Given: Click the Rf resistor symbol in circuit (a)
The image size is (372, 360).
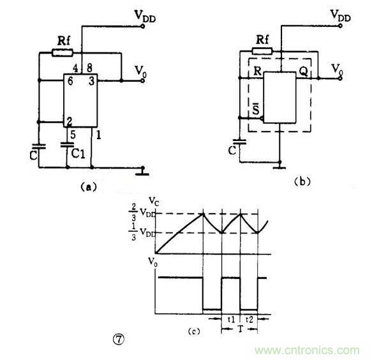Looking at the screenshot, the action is coord(63,53).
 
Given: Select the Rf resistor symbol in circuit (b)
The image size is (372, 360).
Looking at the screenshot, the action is coord(262,51).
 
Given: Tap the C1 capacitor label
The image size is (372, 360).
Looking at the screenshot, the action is coord(78,154).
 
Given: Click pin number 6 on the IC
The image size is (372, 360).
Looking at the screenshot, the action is coord(70,81).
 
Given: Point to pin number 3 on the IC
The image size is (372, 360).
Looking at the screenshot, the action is coord(92,81).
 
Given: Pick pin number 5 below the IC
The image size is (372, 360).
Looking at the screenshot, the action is coord(73,135).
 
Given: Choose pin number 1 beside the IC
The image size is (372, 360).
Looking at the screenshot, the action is coord(98,135).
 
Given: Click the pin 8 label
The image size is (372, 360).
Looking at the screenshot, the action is coord(89,68).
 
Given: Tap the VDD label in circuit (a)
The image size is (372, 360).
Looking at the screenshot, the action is coord(145,16).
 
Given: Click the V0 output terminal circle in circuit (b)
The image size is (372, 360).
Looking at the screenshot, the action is coord(341,79).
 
